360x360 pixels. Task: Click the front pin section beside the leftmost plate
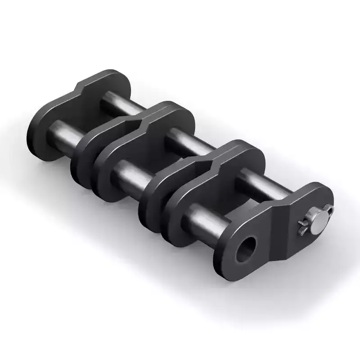[63, 131]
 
